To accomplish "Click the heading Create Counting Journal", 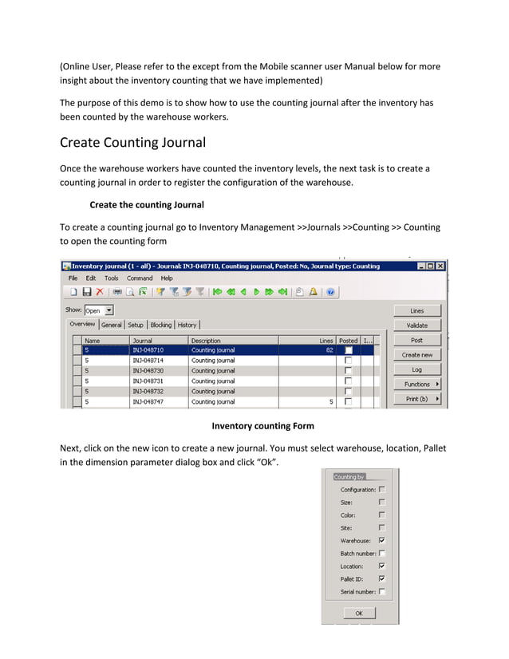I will click(x=132, y=144).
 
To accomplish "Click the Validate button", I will click(x=416, y=326).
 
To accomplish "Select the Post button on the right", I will click(x=416, y=341).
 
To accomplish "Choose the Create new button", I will click(x=416, y=355).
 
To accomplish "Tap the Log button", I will click(x=416, y=370).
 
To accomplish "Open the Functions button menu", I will click(x=416, y=385).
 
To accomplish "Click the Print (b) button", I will click(x=416, y=399).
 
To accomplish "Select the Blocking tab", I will click(x=160, y=325).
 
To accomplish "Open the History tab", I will click(x=187, y=325).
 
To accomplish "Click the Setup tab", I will click(x=136, y=325).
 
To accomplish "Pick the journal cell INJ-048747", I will click(x=148, y=402).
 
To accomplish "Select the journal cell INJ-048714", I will click(x=148, y=361).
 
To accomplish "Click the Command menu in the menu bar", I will click(x=140, y=278).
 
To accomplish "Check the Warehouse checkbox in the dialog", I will click(x=381, y=540).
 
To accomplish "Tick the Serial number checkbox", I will click(x=381, y=591).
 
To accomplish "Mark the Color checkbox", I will click(x=381, y=515).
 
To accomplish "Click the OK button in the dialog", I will click(x=359, y=614).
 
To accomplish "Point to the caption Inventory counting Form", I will click(x=262, y=426).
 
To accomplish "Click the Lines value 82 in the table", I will click(x=329, y=350).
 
